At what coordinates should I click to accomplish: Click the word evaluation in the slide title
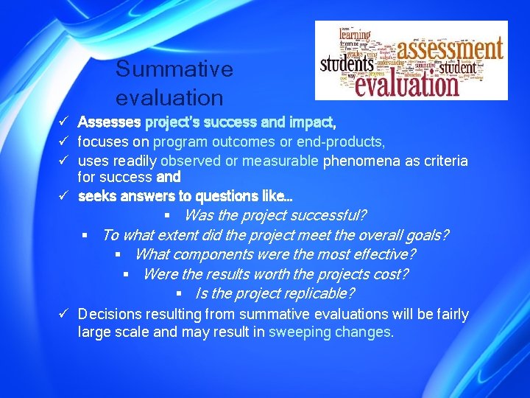[x=169, y=97]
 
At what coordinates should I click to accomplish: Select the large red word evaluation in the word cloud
[x=406, y=83]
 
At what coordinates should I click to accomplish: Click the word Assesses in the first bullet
[x=110, y=121]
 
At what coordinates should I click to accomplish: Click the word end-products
[x=344, y=141]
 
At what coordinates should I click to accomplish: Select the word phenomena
[x=358, y=161]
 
